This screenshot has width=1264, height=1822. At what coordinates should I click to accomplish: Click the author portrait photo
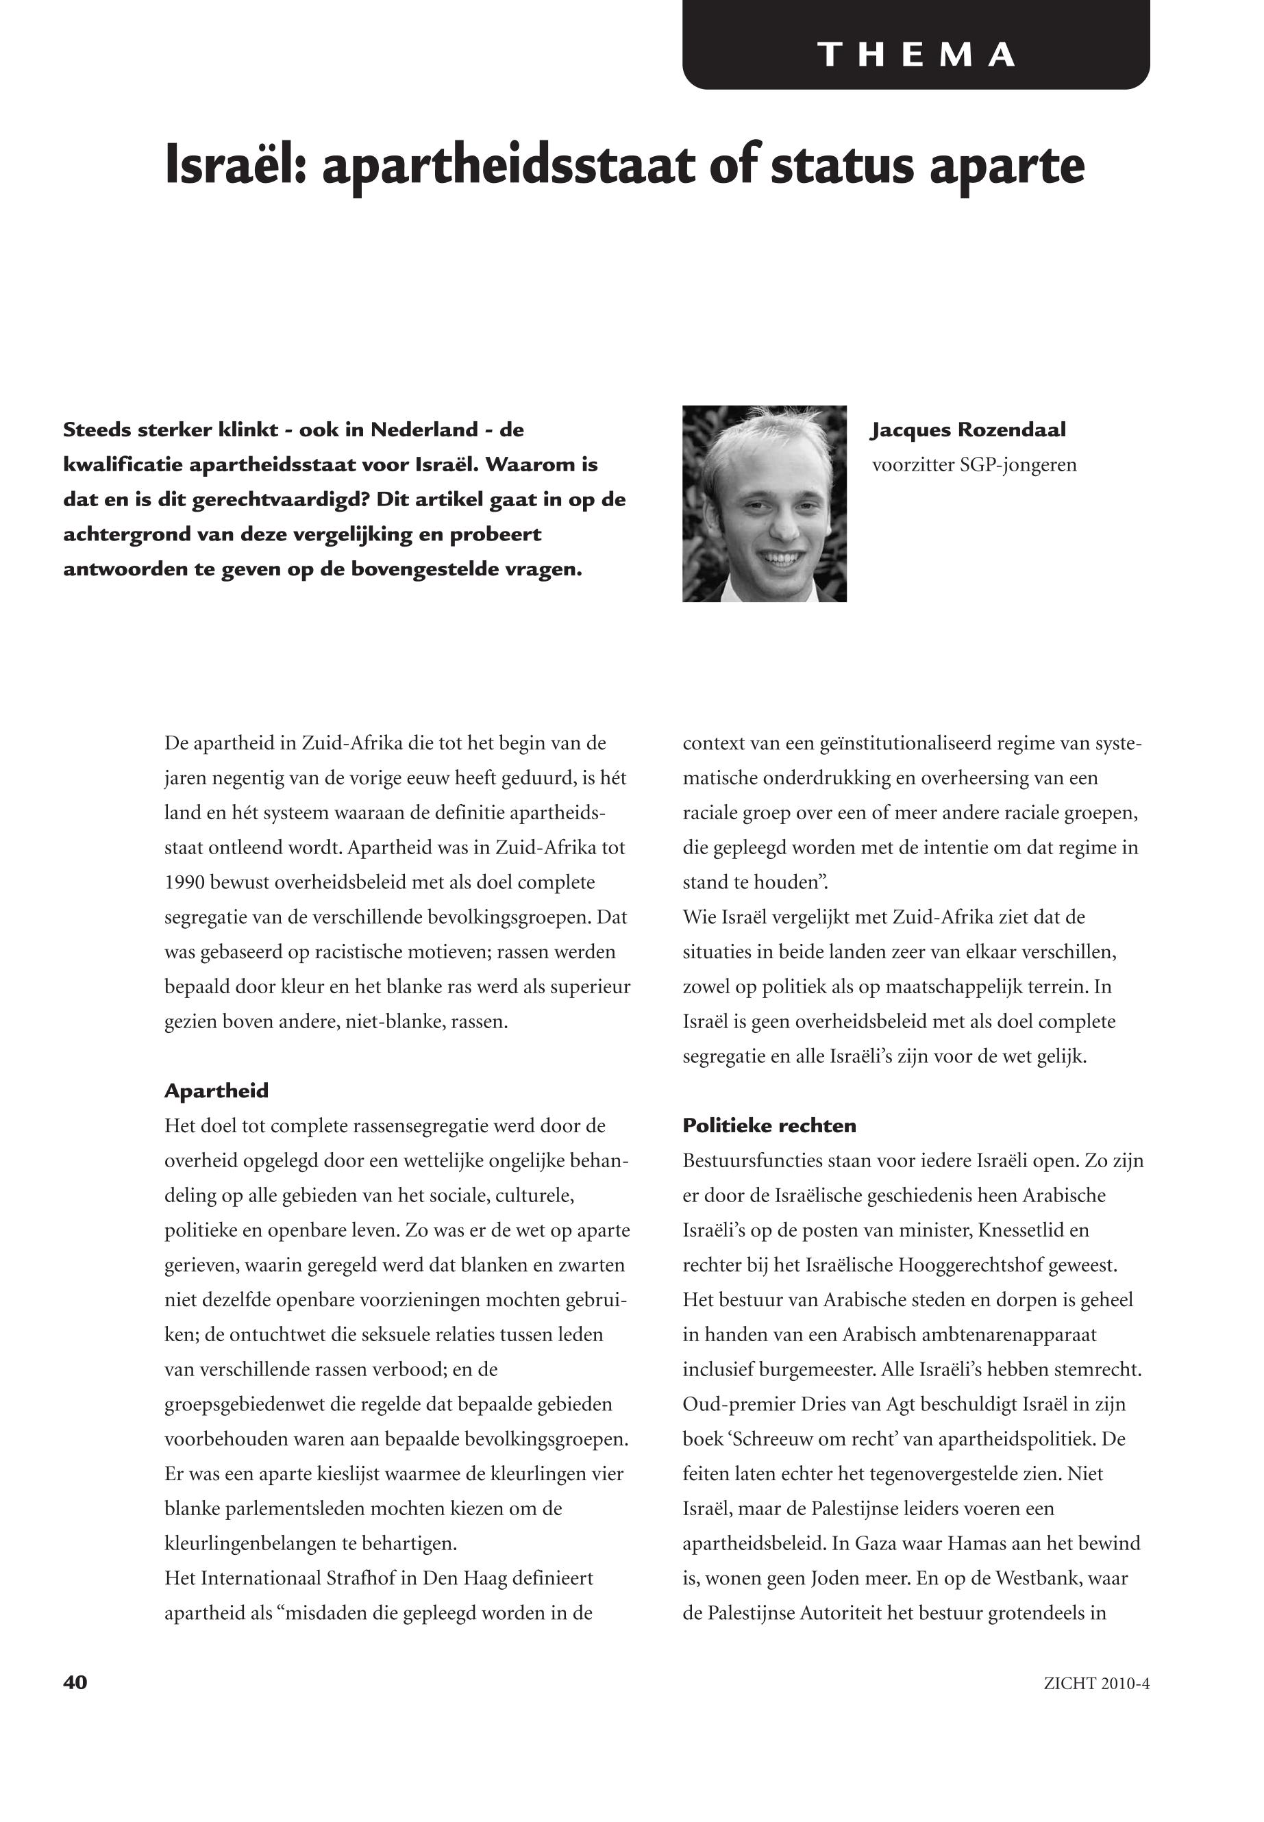click(x=765, y=503)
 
